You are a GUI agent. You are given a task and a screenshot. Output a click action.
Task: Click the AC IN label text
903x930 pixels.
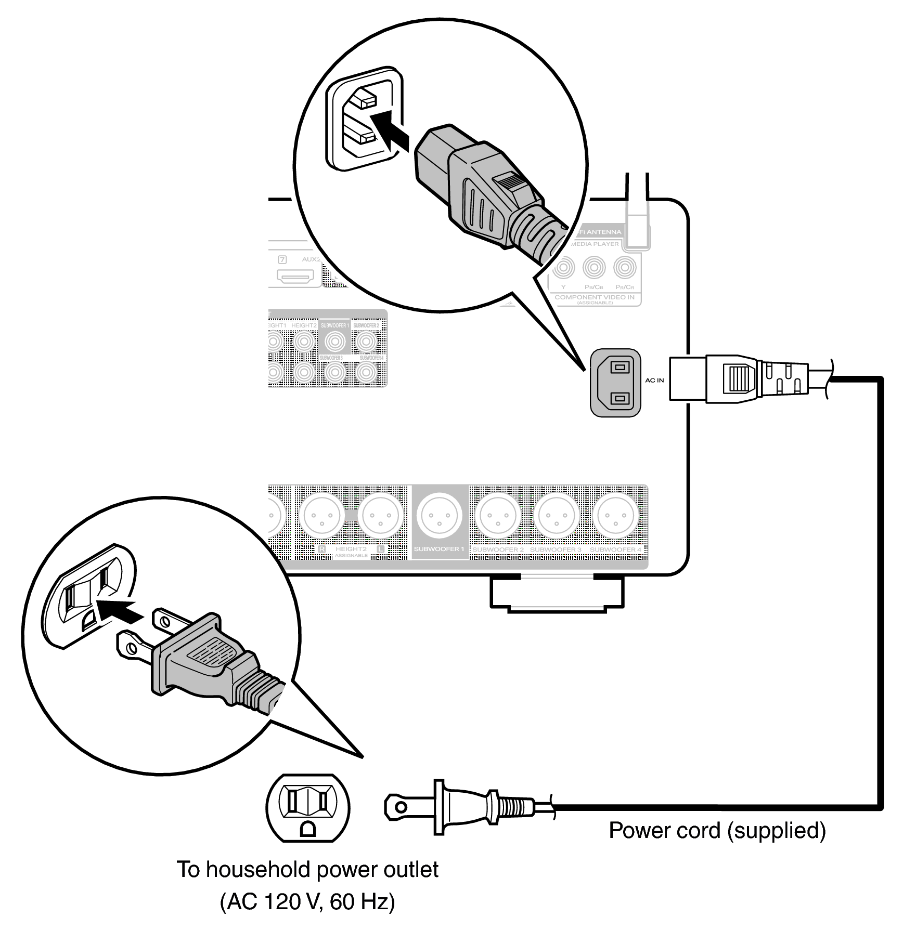pos(654,381)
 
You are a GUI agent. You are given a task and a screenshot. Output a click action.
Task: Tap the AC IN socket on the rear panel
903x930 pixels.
pos(615,383)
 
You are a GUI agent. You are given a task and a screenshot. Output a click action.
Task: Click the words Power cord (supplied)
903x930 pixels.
pos(717,831)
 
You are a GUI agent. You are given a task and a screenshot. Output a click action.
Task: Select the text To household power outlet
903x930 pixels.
pos(307,870)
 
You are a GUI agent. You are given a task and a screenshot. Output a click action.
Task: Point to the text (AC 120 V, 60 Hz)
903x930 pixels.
pos(307,901)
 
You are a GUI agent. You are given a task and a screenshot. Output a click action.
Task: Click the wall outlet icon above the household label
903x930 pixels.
pos(307,808)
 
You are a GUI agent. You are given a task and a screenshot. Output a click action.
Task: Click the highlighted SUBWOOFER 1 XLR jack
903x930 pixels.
pos(440,516)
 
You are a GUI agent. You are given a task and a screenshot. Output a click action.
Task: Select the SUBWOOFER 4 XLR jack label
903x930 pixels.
pos(615,549)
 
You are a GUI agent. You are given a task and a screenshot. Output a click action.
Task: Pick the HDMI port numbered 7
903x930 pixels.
pos(295,276)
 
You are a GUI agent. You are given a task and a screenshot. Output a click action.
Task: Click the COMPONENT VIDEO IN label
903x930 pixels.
pos(595,297)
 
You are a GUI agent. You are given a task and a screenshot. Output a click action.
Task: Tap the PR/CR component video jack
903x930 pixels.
pos(625,268)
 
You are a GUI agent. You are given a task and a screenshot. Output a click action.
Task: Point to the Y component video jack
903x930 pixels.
pos(563,268)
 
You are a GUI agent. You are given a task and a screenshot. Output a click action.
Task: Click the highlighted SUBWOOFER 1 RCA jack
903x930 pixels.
pos(334,342)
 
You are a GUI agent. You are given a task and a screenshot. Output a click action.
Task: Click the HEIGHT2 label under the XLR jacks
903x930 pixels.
pos(351,549)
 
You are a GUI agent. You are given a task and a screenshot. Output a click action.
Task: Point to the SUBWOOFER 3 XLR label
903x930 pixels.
pos(556,549)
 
